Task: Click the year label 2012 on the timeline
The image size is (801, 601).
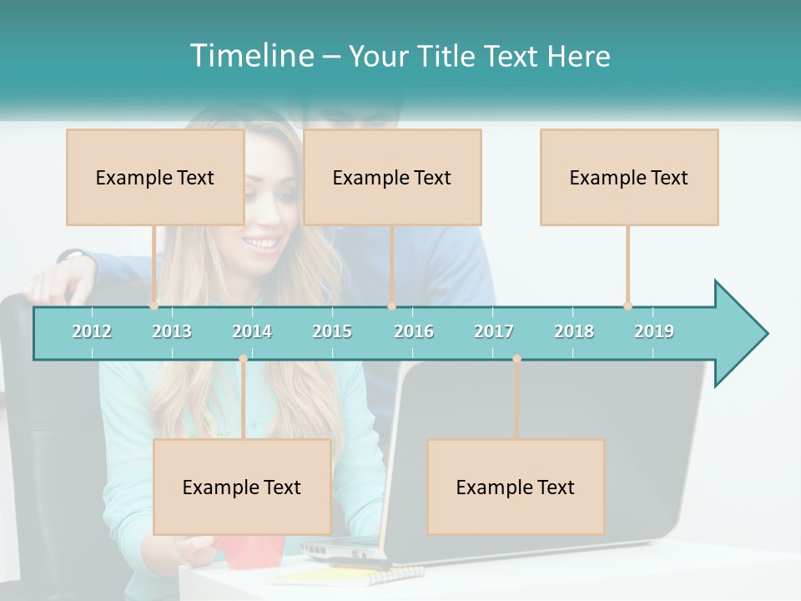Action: click(92, 331)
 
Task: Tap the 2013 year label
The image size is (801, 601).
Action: click(172, 331)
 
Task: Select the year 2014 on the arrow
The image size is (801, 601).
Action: click(252, 331)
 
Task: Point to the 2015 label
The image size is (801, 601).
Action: click(332, 331)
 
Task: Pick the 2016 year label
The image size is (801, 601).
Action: click(414, 331)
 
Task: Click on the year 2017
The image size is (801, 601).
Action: click(494, 331)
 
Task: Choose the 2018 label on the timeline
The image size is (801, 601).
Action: click(574, 331)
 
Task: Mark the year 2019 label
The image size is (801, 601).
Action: click(654, 331)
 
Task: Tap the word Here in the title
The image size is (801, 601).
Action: click(578, 56)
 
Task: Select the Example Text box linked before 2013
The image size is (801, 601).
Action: click(155, 177)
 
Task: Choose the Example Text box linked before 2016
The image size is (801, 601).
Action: click(392, 177)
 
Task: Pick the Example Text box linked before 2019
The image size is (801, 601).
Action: click(629, 177)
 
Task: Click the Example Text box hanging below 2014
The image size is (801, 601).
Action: click(242, 487)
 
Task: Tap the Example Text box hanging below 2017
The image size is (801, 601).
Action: click(516, 487)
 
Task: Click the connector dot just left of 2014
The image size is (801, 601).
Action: click(243, 359)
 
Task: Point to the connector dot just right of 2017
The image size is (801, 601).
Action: click(516, 359)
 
